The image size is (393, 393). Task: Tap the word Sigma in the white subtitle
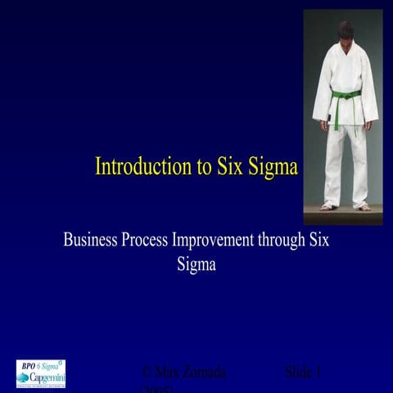pos(196,264)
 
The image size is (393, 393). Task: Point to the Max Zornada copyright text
pos(183,373)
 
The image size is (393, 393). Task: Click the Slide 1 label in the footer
pos(302,373)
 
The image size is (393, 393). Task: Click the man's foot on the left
pos(329,206)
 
